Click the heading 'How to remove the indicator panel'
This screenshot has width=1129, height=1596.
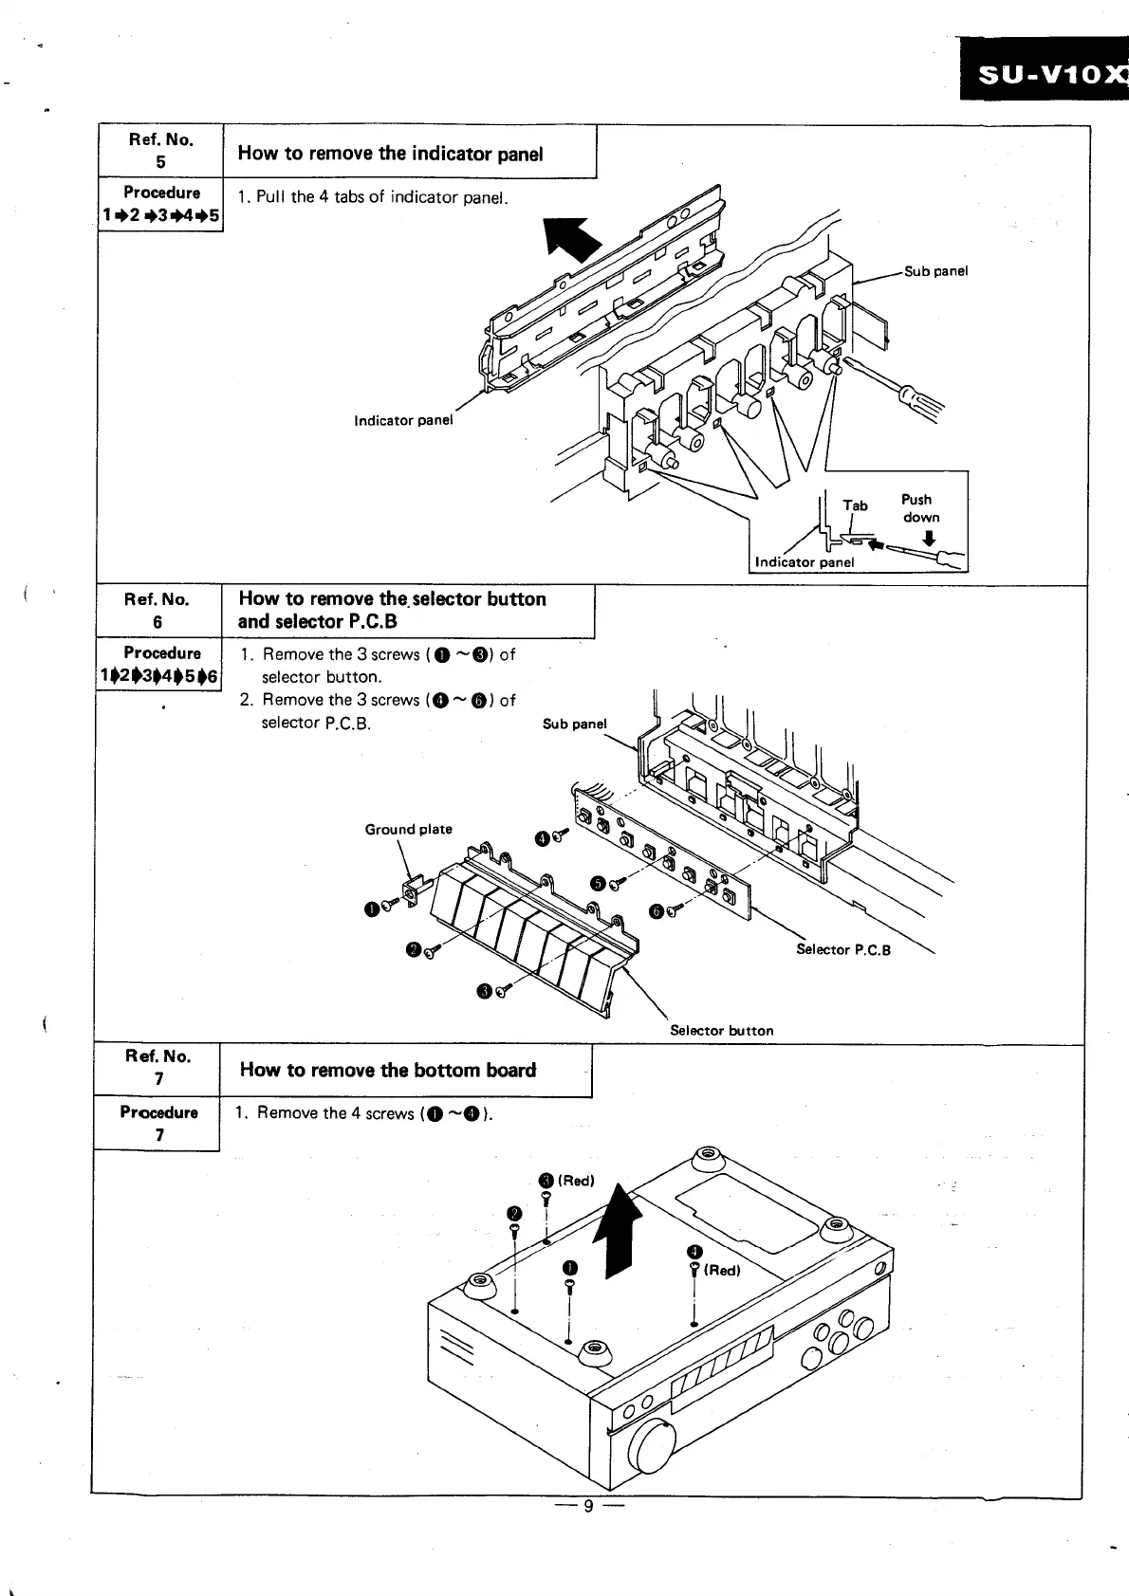pyautogui.click(x=390, y=154)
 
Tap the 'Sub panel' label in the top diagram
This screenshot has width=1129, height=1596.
pyautogui.click(x=935, y=271)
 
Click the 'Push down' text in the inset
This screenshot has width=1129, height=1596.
pyautogui.click(x=918, y=508)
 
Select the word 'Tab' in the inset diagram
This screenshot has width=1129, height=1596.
pyautogui.click(x=855, y=505)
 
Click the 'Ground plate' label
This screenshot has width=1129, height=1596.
pyautogui.click(x=408, y=829)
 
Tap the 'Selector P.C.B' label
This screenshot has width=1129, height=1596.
pyautogui.click(x=842, y=949)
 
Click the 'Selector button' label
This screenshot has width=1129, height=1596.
pyautogui.click(x=721, y=1030)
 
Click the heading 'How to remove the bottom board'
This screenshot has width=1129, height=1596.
pyautogui.click(x=388, y=1070)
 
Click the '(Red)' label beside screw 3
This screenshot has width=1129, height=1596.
pyautogui.click(x=576, y=1181)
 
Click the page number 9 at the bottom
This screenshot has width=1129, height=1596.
pyautogui.click(x=587, y=1506)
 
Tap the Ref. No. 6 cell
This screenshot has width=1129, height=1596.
pyautogui.click(x=157, y=611)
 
